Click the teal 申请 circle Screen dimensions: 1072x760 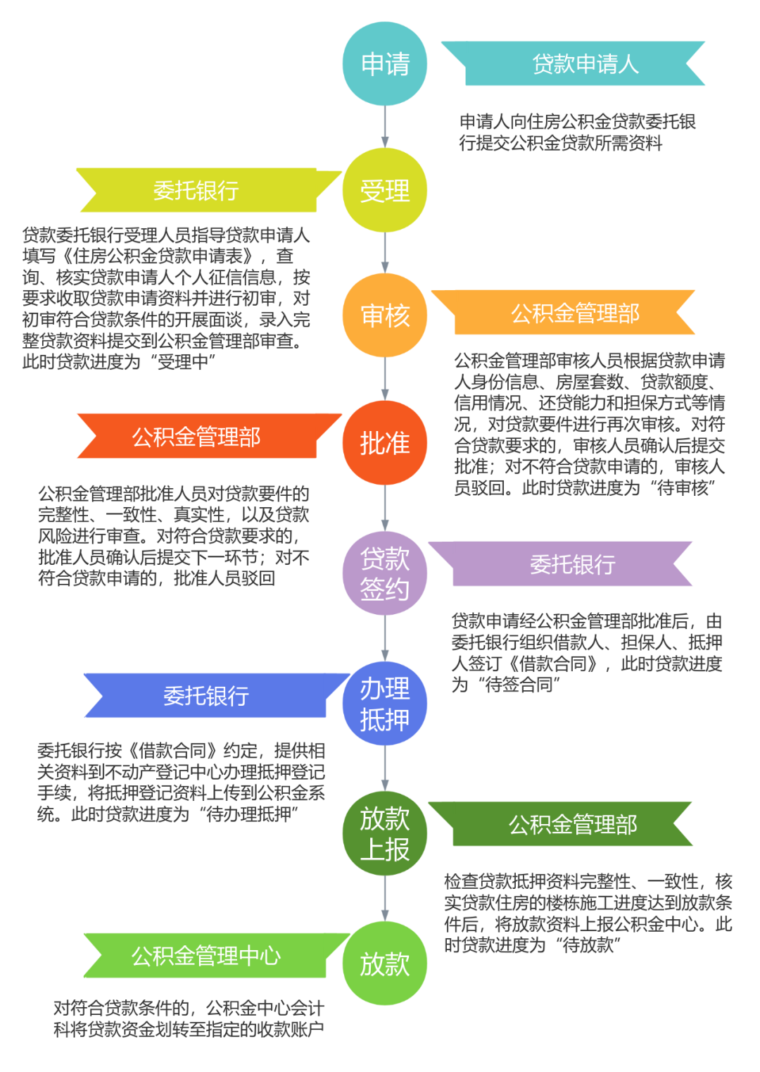pos(385,64)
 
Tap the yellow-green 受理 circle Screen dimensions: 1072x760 pos(385,190)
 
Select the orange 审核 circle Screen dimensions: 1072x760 pos(385,315)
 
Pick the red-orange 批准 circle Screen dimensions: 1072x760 pos(385,443)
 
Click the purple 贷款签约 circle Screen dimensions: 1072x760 pos(385,573)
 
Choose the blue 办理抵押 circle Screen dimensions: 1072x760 pos(385,704)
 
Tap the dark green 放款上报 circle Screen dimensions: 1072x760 pos(385,834)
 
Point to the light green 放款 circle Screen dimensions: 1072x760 pos(385,964)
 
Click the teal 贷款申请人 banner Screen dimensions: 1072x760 pos(584,64)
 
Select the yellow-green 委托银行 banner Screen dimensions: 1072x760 pos(197,191)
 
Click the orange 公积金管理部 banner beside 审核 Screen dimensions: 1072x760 pos(574,313)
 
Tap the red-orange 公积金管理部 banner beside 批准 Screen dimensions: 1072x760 pos(197,437)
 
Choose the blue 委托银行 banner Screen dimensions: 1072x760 pos(205,696)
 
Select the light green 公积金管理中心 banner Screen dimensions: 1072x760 pos(205,956)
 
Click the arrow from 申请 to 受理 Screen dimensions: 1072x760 pos(385,127)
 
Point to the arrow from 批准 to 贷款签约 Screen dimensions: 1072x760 pos(385,508)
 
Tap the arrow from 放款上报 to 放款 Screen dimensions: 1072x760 pos(385,899)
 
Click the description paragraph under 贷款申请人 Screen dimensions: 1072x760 pos(577,132)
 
